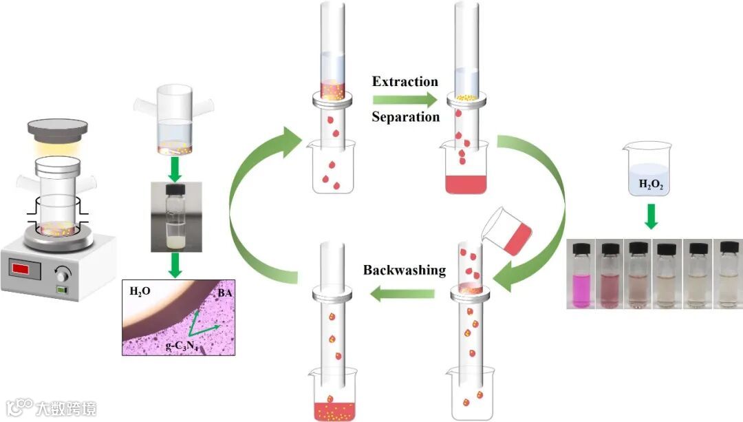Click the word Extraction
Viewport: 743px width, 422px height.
405,82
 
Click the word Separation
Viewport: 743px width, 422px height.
405,117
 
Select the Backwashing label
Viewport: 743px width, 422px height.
405,270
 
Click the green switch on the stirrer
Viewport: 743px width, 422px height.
64,290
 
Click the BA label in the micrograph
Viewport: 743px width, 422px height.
224,293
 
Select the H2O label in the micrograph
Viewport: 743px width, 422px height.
140,292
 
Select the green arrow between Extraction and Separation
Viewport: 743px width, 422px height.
405,99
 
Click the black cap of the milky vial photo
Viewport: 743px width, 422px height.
177,190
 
